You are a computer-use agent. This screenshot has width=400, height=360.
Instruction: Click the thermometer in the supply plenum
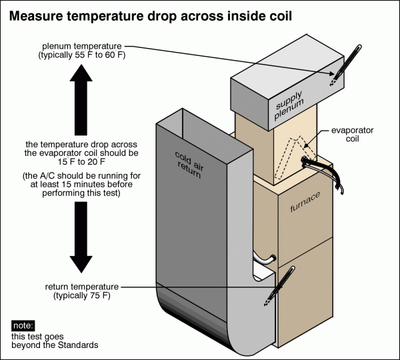pos(337,73)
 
